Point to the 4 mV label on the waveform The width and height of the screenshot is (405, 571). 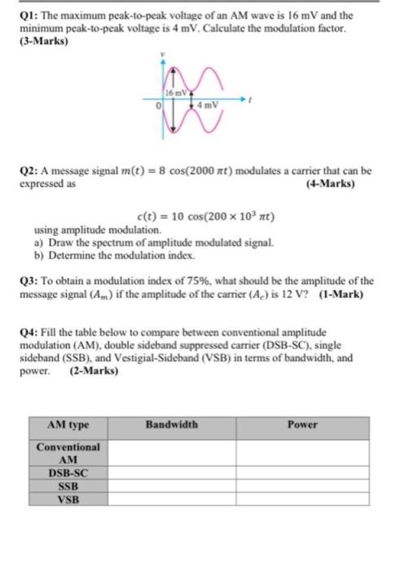[214, 105]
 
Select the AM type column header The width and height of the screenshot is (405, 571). [68, 425]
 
